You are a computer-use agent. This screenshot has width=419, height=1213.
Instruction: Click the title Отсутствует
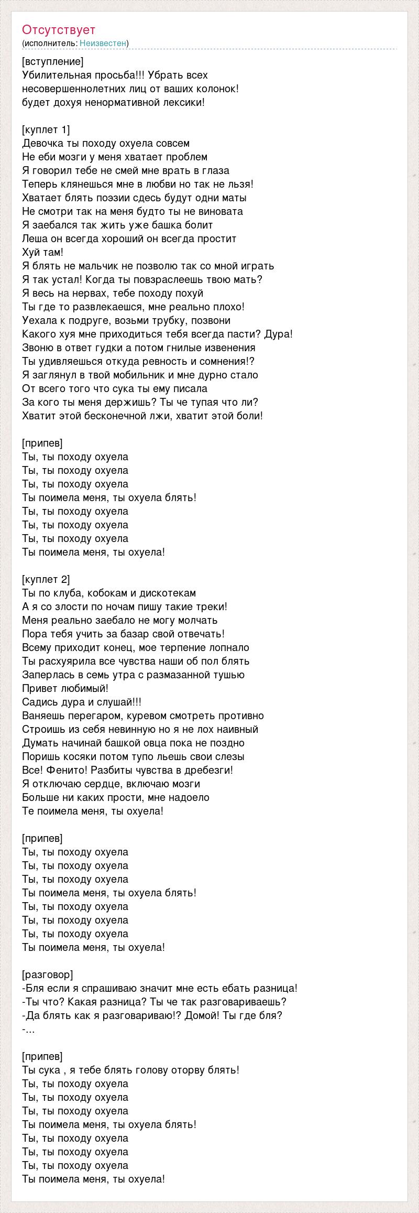click(x=59, y=30)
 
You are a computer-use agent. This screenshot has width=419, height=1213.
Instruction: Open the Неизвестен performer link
click(x=103, y=43)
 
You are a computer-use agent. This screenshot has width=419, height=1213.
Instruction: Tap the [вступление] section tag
click(x=52, y=61)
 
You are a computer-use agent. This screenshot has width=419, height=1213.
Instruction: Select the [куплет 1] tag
click(x=46, y=129)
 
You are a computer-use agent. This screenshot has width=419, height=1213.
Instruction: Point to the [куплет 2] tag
click(x=46, y=579)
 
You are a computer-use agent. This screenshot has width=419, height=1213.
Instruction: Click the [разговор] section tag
click(x=48, y=974)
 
